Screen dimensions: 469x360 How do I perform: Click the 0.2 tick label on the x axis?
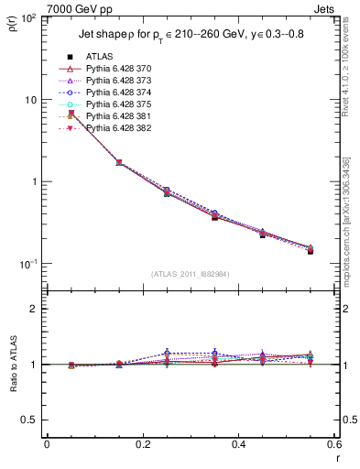tap(142, 445)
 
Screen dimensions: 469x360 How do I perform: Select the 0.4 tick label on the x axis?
tap(238, 445)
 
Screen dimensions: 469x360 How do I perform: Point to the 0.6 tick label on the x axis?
tap(333, 445)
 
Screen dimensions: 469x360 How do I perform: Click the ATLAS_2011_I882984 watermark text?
tap(190, 274)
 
